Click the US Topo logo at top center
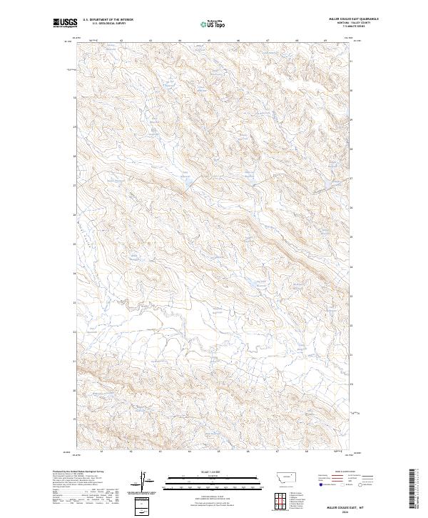tap(214, 24)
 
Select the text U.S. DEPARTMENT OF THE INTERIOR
tap(108, 20)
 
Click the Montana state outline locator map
tap(280, 476)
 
